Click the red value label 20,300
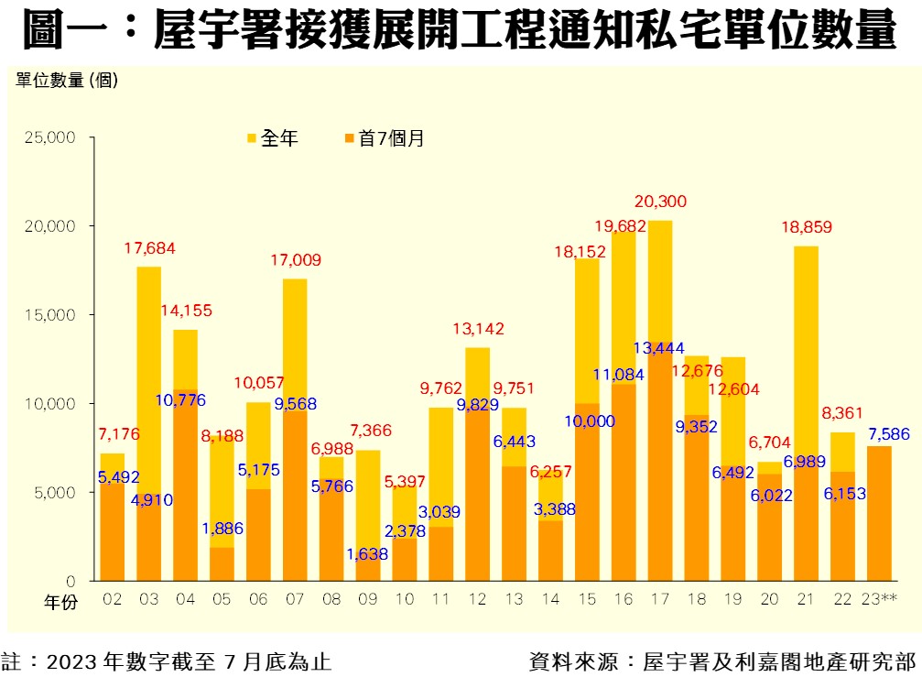[660, 202]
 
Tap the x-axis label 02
[113, 599]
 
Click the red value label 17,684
[149, 248]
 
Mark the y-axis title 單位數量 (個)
[66, 80]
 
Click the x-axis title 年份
[63, 602]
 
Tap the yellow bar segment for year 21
[806, 348]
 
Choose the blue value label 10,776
[180, 399]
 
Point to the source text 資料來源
[722, 661]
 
